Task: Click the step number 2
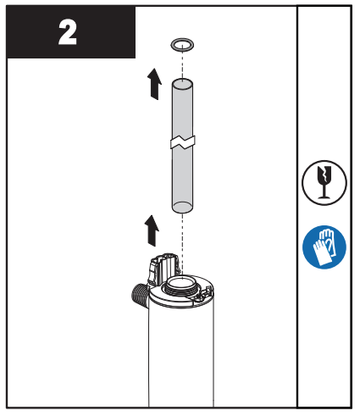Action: (67, 32)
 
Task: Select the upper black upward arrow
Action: (152, 84)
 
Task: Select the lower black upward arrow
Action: (152, 229)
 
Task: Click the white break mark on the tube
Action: (182, 142)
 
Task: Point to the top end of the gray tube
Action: (181, 83)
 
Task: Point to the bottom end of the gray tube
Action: (181, 206)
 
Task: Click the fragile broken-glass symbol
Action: (324, 182)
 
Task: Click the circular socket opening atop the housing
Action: (181, 282)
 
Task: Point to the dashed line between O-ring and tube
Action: (181, 64)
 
